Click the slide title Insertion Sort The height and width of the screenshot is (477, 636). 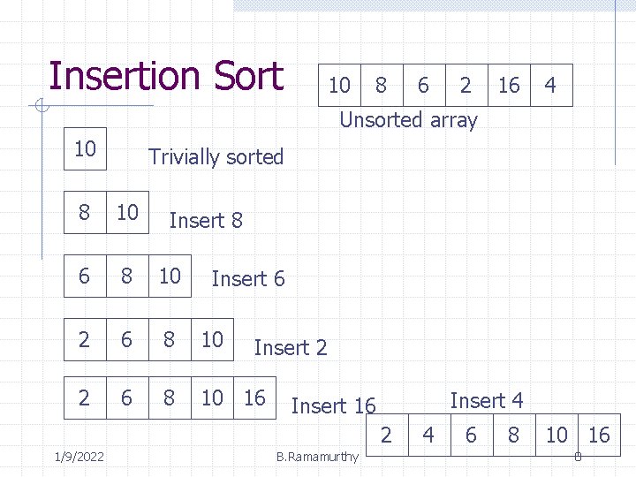tap(166, 76)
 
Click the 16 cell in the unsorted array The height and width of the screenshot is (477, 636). tap(509, 86)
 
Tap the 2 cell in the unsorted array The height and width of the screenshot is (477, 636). tap(466, 86)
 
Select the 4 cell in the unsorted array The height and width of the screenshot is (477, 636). tap(550, 86)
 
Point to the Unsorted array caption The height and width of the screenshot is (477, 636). tap(408, 120)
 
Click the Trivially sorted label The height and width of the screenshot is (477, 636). tap(216, 157)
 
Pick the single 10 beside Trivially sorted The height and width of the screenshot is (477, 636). tap(85, 148)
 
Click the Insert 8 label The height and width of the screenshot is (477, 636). tap(205, 220)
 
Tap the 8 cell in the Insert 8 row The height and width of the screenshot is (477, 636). tap(84, 212)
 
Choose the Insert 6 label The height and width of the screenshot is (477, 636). tap(248, 279)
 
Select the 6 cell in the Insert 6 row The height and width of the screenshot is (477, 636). tap(84, 276)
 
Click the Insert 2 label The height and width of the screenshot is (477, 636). tap(291, 348)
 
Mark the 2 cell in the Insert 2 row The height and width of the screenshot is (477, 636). tap(84, 339)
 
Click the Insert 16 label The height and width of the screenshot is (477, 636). tap(333, 406)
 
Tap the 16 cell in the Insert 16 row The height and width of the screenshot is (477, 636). tap(254, 398)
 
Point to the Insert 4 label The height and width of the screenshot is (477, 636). tap(487, 401)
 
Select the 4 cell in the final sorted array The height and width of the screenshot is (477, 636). tap(428, 435)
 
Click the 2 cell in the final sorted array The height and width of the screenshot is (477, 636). tap(386, 435)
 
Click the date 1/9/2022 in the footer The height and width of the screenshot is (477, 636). tap(78, 457)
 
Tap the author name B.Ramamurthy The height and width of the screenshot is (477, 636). tap(317, 457)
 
